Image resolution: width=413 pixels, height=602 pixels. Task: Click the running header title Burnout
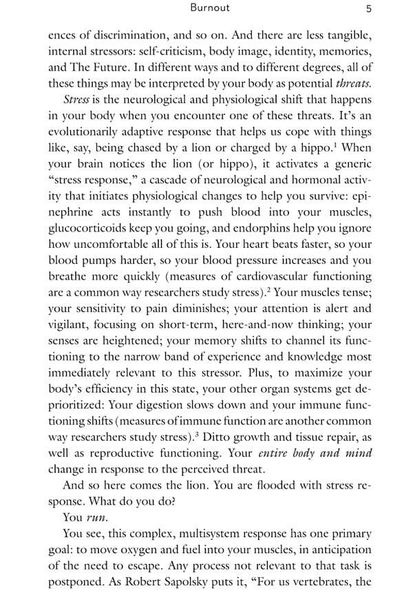[x=210, y=8]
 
